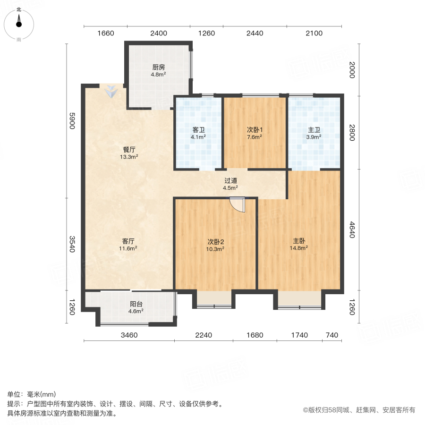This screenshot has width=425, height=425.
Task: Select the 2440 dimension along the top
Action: [x=255, y=33]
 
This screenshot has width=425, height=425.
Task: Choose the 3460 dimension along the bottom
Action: [x=128, y=335]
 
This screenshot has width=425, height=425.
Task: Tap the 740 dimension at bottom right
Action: [x=332, y=335]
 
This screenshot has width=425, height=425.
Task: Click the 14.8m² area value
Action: [x=299, y=247]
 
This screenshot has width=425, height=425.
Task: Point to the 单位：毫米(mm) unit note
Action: [x=31, y=395]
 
